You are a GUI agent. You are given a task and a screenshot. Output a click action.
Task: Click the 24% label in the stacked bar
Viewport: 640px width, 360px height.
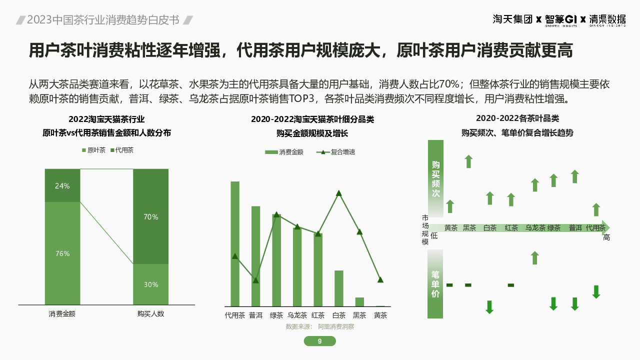(x=62, y=186)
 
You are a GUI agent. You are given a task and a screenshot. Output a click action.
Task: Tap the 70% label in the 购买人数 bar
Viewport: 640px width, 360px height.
(x=150, y=217)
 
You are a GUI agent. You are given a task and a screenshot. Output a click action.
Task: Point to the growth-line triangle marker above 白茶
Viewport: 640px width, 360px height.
(x=339, y=193)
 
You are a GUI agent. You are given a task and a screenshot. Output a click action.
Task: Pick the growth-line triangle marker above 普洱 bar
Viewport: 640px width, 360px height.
(x=255, y=280)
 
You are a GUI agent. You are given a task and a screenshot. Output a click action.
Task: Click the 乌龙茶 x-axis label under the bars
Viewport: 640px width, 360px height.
(x=297, y=315)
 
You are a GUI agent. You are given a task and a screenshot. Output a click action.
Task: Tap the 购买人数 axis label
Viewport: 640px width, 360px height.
(x=150, y=314)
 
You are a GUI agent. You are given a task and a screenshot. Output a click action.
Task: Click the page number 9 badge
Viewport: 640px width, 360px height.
(x=320, y=341)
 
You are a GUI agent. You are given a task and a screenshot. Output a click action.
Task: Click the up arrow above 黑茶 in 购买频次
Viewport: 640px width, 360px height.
(x=468, y=161)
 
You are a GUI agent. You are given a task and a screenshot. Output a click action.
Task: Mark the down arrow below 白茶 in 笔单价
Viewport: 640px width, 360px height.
(x=489, y=307)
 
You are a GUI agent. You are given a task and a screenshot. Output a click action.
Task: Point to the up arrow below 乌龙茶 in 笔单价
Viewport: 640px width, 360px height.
(x=534, y=257)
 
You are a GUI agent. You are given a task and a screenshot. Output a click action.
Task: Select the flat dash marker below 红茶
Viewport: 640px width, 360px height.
(x=510, y=285)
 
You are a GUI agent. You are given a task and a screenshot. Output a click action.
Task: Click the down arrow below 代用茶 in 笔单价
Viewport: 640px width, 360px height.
(x=596, y=292)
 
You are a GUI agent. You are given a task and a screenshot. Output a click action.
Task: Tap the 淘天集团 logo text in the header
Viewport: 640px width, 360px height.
(x=512, y=19)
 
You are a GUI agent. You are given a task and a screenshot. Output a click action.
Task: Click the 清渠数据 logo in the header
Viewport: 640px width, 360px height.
(x=607, y=20)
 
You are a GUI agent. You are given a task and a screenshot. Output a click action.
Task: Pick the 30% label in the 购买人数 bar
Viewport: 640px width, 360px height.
(x=150, y=284)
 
